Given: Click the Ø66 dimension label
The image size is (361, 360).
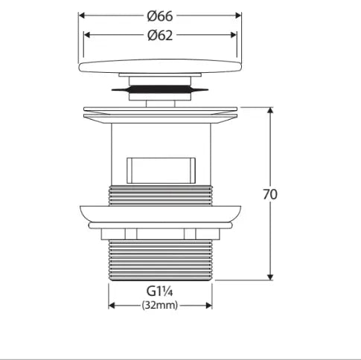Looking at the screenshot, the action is pyautogui.click(x=160, y=16).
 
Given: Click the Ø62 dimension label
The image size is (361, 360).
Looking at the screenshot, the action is pyautogui.click(x=160, y=35).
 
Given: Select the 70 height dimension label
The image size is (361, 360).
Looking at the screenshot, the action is pyautogui.click(x=270, y=194).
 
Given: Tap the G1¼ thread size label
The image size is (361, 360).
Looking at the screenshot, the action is pyautogui.click(x=159, y=291).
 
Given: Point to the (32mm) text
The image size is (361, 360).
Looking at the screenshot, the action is pyautogui.click(x=160, y=305).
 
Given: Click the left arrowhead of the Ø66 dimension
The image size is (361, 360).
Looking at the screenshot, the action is pyautogui.click(x=82, y=16).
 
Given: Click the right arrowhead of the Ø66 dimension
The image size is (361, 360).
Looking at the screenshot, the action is pyautogui.click(x=238, y=16).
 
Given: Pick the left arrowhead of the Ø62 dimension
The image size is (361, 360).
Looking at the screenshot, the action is pyautogui.click(x=86, y=35).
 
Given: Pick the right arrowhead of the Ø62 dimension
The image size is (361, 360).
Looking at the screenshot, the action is pyautogui.click(x=234, y=35).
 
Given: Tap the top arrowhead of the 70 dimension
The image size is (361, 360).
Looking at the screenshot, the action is pyautogui.click(x=270, y=110).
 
